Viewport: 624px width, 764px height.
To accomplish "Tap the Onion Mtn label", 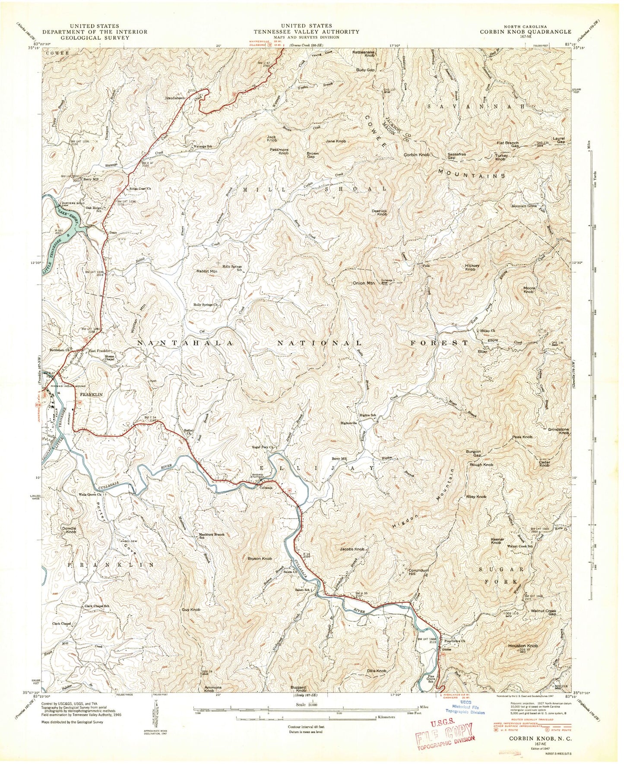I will point(364,283).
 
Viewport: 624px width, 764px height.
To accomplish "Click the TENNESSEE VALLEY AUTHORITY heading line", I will point(306,32).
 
